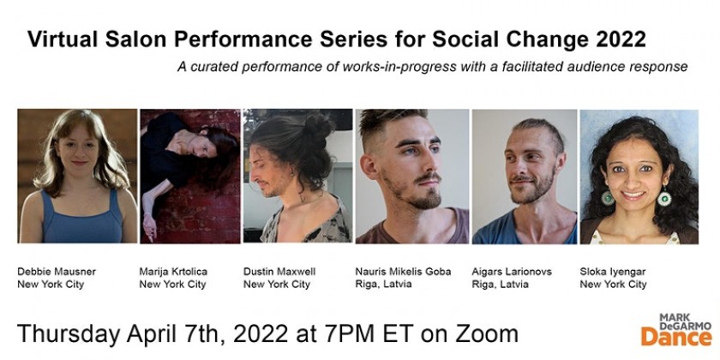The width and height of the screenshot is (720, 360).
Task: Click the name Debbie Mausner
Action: [x=57, y=272]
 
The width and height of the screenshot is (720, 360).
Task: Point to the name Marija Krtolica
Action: [x=173, y=272]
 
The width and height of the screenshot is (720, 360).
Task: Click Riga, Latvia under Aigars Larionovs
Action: [x=501, y=285]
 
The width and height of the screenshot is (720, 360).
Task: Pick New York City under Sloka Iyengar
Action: [x=613, y=285]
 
